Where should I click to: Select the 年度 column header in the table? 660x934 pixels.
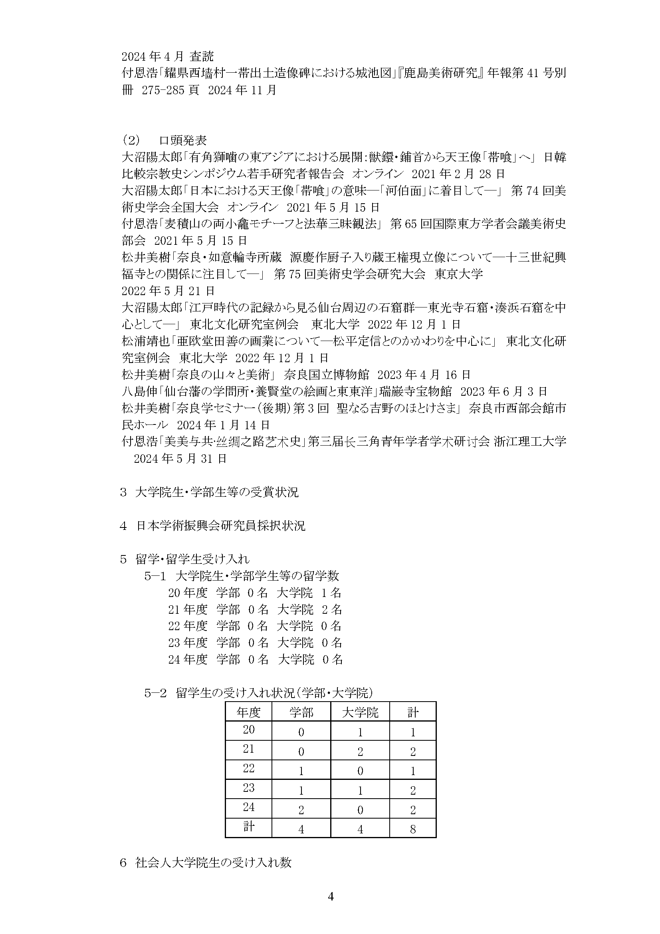pyautogui.click(x=248, y=712)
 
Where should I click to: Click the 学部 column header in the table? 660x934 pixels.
pyautogui.click(x=301, y=712)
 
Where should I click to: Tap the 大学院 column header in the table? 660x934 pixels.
pyautogui.click(x=360, y=712)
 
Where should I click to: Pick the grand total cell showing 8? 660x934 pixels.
pyautogui.click(x=413, y=829)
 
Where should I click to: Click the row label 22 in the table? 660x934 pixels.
pyautogui.click(x=248, y=768)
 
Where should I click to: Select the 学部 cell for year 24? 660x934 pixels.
pyautogui.click(x=301, y=809)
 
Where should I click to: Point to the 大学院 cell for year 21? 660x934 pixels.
pyautogui.click(x=360, y=752)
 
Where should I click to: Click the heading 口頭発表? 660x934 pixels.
pyautogui.click(x=183, y=141)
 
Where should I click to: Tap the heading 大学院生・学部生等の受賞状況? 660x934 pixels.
pyautogui.click(x=216, y=493)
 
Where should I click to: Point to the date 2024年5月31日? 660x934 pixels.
pyautogui.click(x=180, y=459)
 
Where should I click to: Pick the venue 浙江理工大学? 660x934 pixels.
pyautogui.click(x=530, y=442)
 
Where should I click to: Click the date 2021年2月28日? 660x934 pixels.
pyautogui.click(x=458, y=174)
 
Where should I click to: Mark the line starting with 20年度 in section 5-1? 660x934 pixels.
pyautogui.click(x=255, y=593)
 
